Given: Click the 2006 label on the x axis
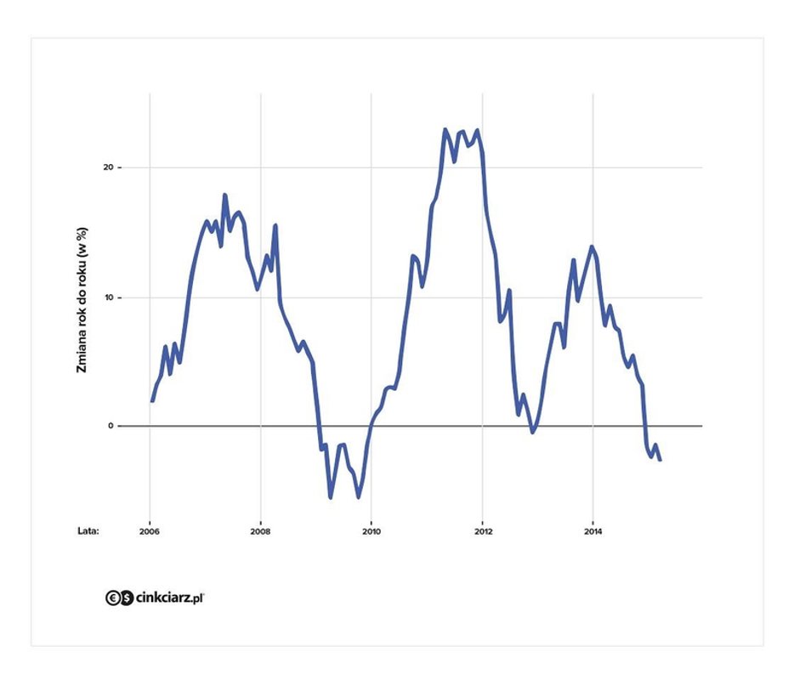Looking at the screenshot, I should click(x=150, y=532).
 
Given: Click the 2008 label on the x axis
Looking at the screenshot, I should click(x=260, y=532).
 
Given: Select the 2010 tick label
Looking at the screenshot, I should click(x=371, y=532).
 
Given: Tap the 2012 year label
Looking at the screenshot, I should click(x=483, y=532).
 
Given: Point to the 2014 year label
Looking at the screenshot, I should click(x=593, y=532).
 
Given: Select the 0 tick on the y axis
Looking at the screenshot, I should click(x=110, y=426).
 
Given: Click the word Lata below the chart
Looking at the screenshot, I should click(x=88, y=532).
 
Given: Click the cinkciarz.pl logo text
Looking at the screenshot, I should click(x=170, y=598).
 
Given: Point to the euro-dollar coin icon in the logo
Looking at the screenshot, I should click(x=119, y=598).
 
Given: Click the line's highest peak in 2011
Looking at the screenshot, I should click(x=445, y=130).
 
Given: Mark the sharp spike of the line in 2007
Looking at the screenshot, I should click(x=225, y=195).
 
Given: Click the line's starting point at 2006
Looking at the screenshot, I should click(x=152, y=400).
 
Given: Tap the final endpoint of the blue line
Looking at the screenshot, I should click(x=660, y=460).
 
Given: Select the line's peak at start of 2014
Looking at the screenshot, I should click(x=592, y=247).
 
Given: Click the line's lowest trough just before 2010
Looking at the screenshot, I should click(x=358, y=496).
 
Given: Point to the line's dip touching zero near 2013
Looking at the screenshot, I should click(x=533, y=432).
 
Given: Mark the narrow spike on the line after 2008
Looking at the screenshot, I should click(x=275, y=225).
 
